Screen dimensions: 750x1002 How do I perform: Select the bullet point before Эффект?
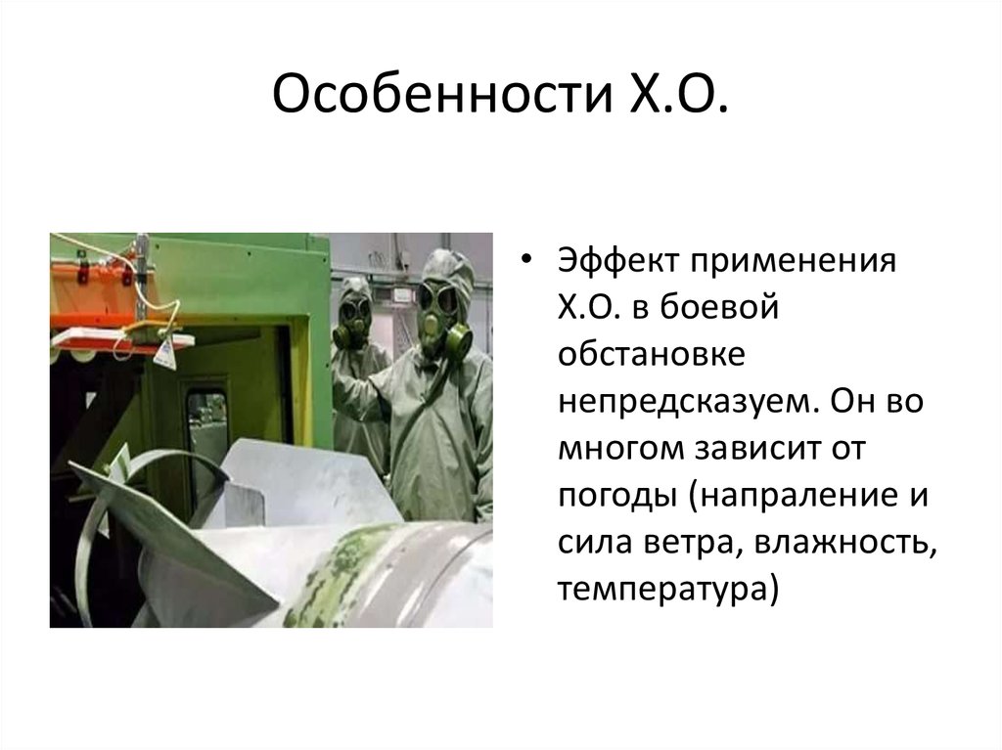coord(528,264)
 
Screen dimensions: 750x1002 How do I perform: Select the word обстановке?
coord(652,356)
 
